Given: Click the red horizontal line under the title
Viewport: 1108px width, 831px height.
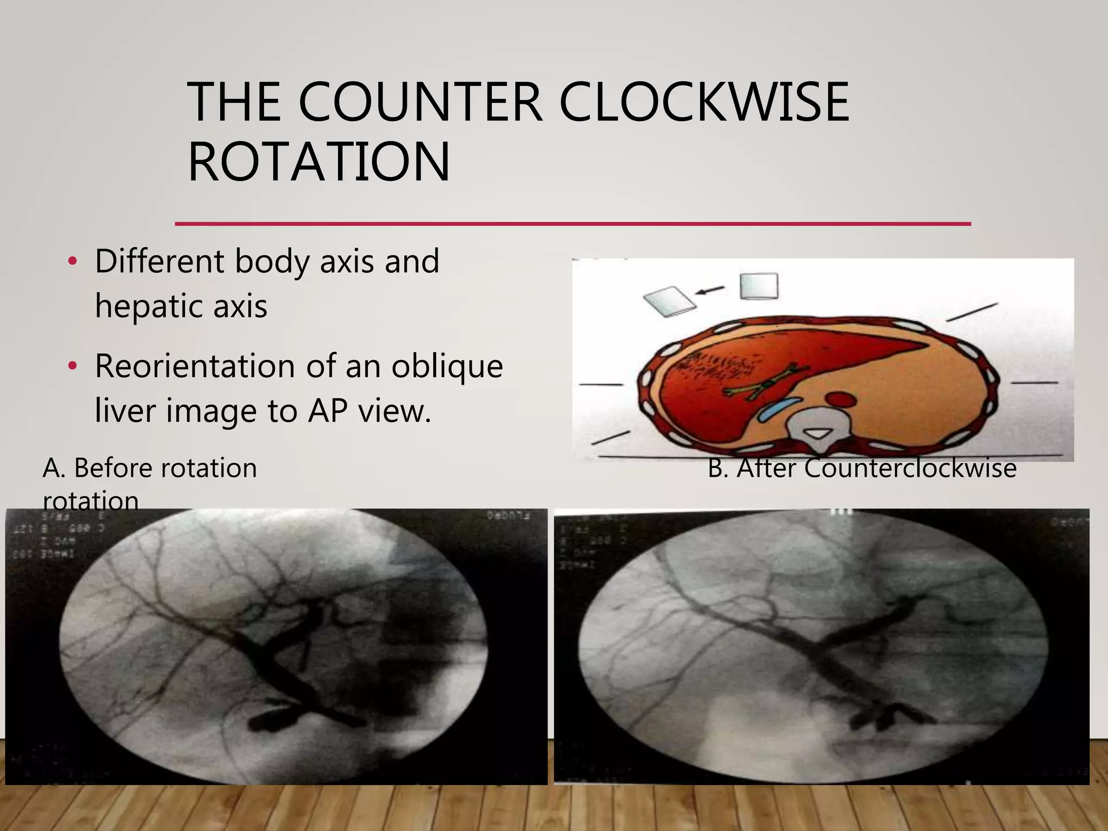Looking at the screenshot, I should tap(572, 223).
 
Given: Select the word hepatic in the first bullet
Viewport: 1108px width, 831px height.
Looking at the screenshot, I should tap(149, 306).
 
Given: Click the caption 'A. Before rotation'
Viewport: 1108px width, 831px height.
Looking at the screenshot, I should tap(149, 468).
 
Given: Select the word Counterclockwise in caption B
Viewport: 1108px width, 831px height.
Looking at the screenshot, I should tap(910, 468).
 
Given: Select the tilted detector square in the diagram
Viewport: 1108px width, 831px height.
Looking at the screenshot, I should tap(669, 302).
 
